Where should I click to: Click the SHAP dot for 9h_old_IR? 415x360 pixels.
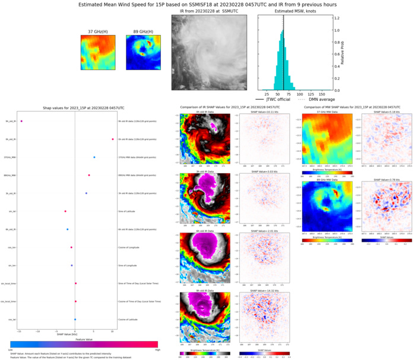[x=21, y=122]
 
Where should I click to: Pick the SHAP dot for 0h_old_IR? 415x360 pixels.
[x=112, y=139]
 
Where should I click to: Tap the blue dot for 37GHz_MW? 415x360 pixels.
[x=94, y=157]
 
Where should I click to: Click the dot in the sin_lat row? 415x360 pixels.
[x=65, y=211]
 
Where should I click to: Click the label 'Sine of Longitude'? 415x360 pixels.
[x=131, y=265]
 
